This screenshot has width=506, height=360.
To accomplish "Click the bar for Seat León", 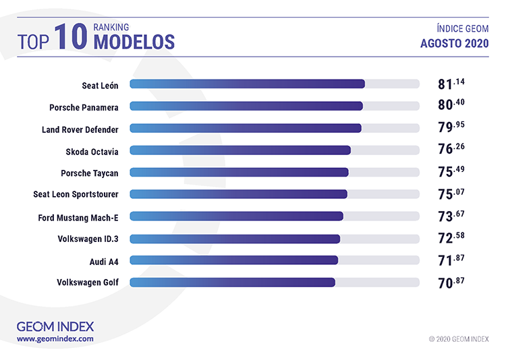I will [247, 84].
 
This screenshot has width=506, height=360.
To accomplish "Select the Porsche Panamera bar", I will [246, 107].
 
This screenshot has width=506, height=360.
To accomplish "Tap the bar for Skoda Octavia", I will [240, 150].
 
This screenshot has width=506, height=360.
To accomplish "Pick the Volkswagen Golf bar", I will [232, 282].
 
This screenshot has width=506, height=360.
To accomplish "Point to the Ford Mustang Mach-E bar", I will [236, 216].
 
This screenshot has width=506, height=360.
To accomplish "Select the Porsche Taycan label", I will [90, 173].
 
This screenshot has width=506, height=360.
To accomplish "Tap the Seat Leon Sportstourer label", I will [76, 194].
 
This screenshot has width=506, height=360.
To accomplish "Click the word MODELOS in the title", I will [134, 42].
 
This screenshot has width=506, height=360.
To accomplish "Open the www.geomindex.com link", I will [55, 338].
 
